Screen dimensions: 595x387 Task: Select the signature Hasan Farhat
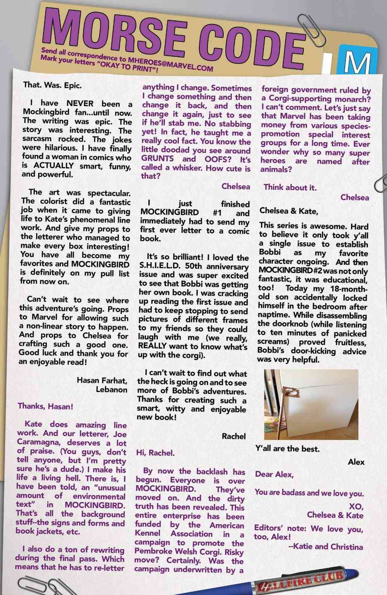click(102, 380)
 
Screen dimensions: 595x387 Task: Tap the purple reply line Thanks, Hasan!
click(46, 406)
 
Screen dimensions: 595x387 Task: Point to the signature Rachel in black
click(234, 436)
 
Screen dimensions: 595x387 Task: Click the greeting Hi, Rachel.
click(155, 453)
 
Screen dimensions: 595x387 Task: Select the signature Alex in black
click(356, 462)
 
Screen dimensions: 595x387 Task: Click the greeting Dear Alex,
click(274, 474)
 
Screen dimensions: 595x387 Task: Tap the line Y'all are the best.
click(288, 448)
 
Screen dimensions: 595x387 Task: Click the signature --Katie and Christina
click(325, 547)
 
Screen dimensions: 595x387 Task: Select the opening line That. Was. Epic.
click(53, 85)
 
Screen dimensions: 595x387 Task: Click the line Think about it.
click(290, 187)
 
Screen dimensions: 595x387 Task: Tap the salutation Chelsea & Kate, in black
click(289, 211)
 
